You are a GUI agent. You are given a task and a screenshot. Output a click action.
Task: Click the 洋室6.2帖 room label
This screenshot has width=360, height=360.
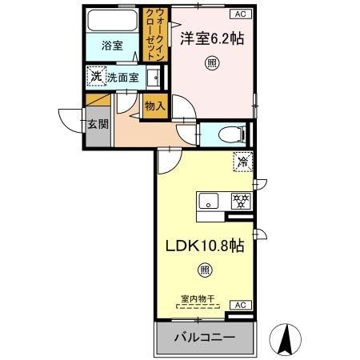click(x=213, y=37)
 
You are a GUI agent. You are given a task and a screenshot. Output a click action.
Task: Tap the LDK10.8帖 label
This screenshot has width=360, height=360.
click(x=205, y=247)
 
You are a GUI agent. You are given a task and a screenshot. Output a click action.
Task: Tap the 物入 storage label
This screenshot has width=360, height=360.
click(x=154, y=105)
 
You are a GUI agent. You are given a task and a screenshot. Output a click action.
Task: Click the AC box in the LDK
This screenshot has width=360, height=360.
click(x=239, y=305)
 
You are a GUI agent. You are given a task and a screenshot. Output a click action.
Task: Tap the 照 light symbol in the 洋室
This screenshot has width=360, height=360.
click(x=211, y=62)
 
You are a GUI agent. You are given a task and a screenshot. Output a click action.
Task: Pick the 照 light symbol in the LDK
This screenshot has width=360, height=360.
click(x=205, y=272)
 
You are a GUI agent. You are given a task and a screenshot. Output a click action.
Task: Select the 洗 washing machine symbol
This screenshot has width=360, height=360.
click(x=96, y=77)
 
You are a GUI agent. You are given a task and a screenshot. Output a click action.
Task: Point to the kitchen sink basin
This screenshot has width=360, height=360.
click(x=210, y=201)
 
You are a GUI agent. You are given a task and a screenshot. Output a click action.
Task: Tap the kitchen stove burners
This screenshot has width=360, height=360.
click(x=238, y=200)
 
